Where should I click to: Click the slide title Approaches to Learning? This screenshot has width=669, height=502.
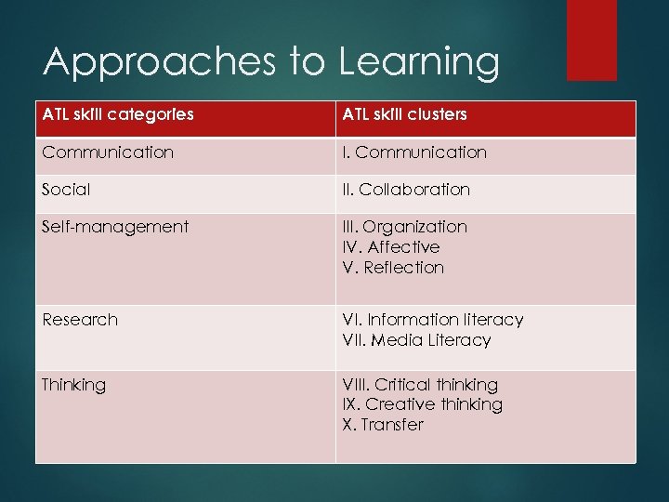270,63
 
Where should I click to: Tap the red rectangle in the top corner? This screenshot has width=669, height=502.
591,39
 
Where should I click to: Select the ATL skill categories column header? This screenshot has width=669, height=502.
117,114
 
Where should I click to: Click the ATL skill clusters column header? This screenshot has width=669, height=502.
404,114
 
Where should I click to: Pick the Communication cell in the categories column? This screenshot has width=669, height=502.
107,152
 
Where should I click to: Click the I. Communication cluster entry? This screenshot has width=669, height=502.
413,152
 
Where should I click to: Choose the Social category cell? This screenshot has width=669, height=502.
66,190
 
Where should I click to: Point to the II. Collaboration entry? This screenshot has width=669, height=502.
406,190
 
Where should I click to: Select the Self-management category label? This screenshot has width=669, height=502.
114,227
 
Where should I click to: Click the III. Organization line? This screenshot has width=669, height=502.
404,227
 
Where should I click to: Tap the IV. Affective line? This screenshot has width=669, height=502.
390,247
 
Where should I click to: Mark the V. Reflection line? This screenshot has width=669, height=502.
393,268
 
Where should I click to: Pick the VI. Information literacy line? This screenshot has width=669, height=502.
432,320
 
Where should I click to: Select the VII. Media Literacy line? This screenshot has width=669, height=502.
415,340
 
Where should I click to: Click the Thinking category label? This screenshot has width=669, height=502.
73,385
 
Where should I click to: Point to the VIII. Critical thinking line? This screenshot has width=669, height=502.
419,385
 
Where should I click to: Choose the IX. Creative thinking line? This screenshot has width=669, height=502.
422,404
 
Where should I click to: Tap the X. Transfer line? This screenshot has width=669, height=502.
382,425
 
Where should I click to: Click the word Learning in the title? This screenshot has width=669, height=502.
418,63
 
